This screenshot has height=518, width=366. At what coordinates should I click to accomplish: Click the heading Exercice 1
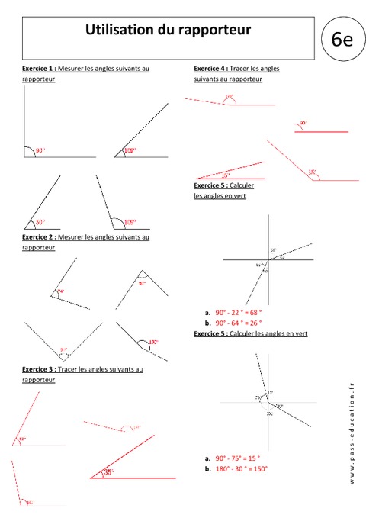[39, 69]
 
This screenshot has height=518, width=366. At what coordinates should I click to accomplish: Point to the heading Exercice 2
[39, 237]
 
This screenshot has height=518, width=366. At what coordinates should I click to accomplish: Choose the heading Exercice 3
[39, 369]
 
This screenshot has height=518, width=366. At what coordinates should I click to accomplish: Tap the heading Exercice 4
[210, 69]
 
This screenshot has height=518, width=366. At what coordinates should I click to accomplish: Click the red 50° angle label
[40, 223]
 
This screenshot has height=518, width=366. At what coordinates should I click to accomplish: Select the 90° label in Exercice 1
[40, 151]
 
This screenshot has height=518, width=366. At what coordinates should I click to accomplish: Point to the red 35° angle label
[109, 472]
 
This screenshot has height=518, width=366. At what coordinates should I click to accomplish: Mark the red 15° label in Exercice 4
[226, 175]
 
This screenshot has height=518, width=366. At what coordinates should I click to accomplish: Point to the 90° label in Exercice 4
[303, 123]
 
